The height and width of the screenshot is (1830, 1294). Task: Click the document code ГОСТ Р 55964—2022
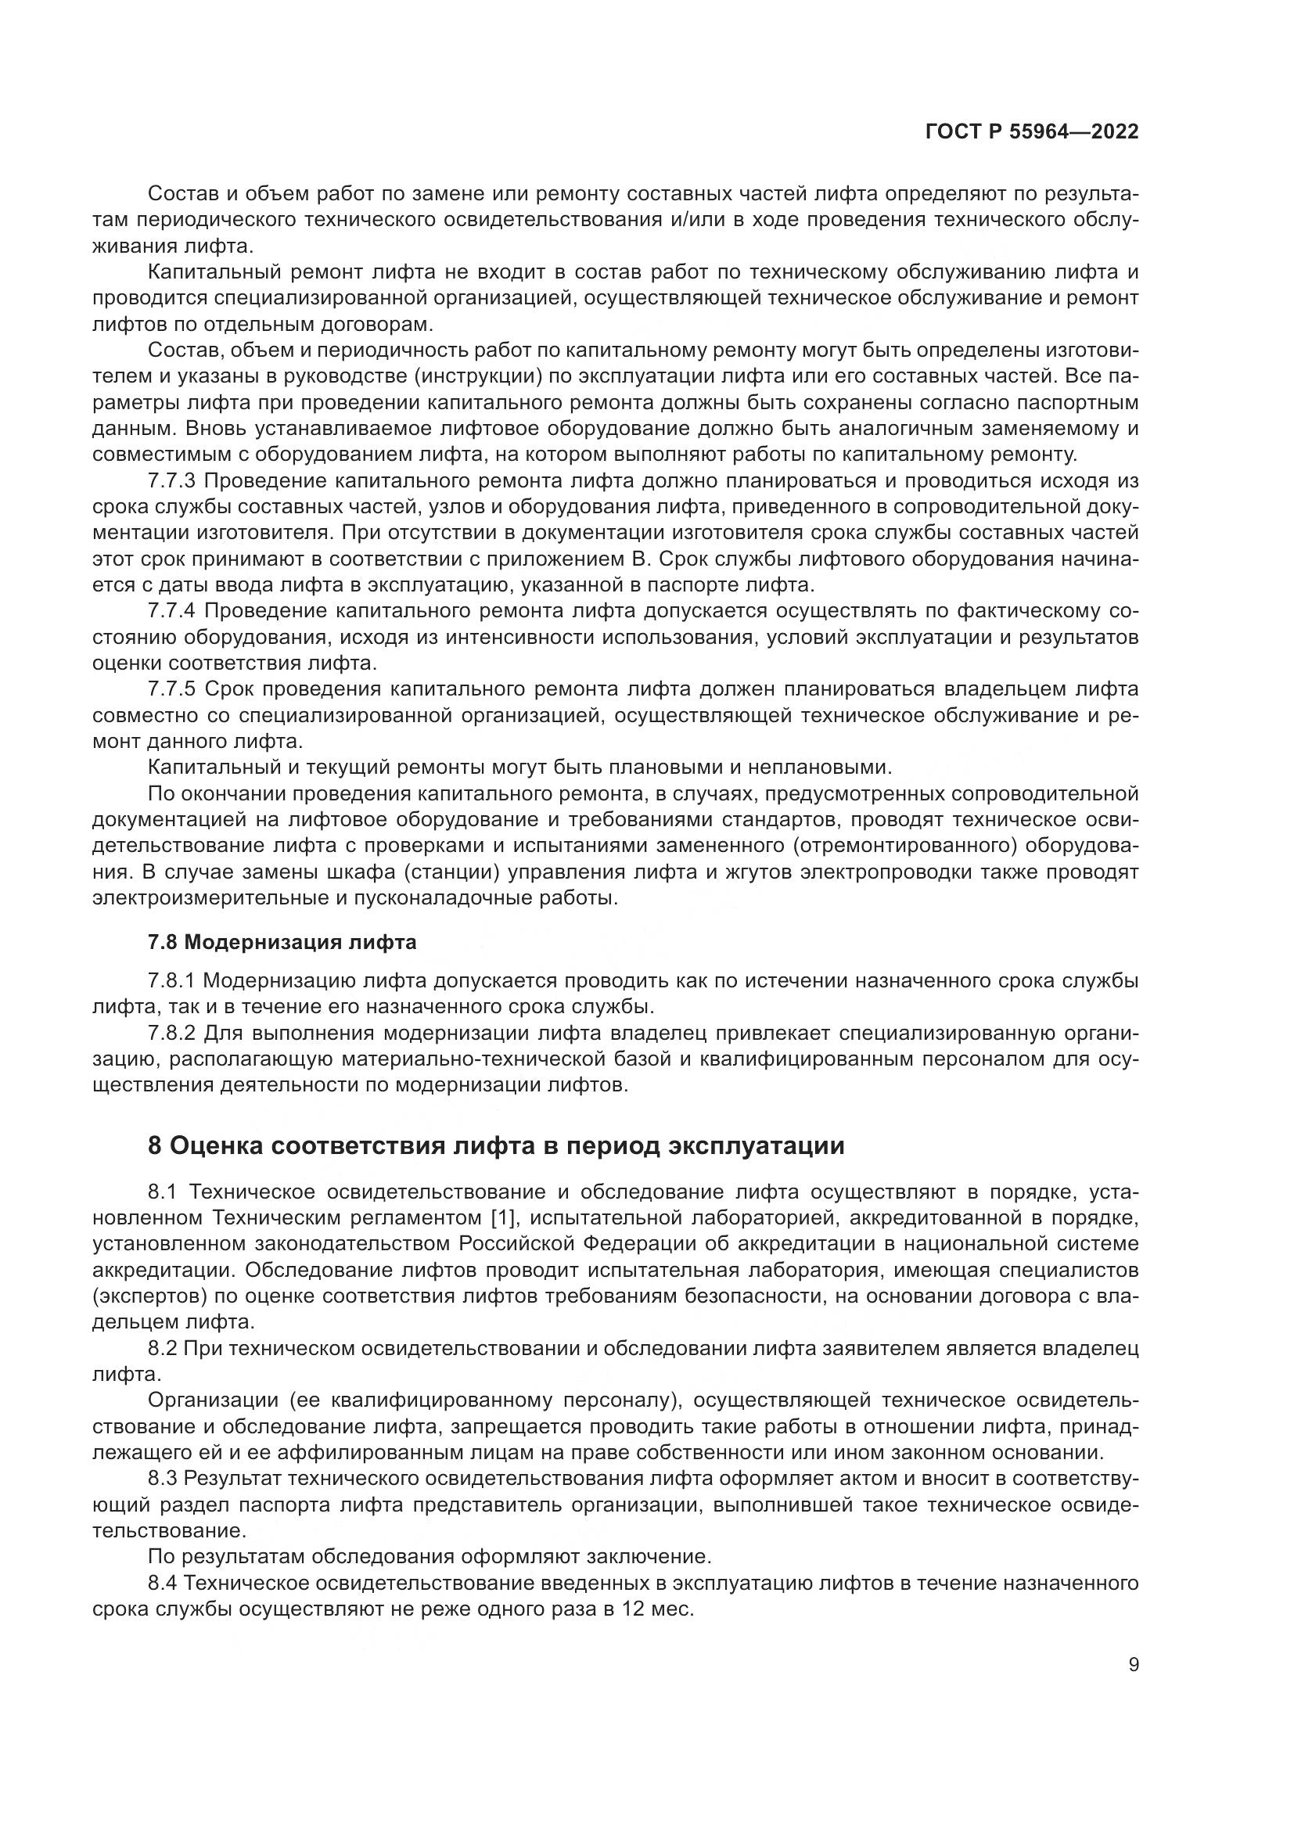click(1032, 132)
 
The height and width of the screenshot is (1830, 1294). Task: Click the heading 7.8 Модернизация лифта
click(282, 942)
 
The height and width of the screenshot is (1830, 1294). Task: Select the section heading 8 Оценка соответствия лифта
click(495, 1146)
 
